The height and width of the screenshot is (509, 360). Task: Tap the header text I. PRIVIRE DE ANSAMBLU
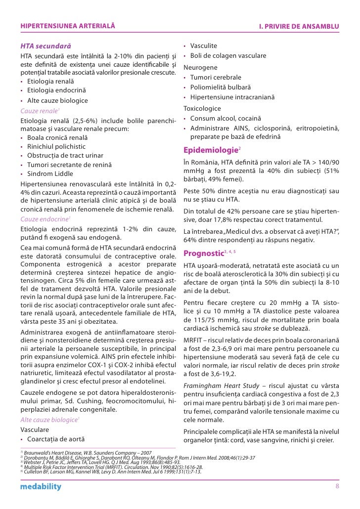[x=299, y=25]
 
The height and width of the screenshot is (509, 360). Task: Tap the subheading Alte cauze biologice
[x=48, y=419]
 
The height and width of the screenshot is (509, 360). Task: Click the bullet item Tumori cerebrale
[x=216, y=78]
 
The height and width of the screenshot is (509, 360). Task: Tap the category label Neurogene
[x=200, y=67]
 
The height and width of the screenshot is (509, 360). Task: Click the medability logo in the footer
[x=41, y=487]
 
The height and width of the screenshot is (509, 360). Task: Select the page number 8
[x=337, y=487]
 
